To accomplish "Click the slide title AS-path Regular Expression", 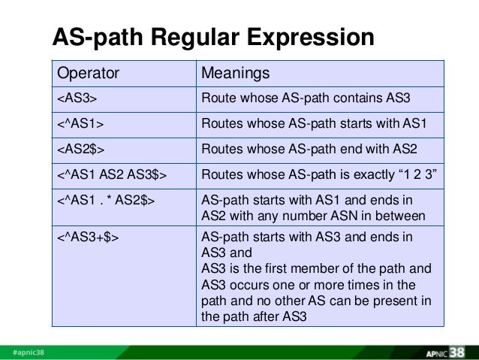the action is (x=212, y=37).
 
